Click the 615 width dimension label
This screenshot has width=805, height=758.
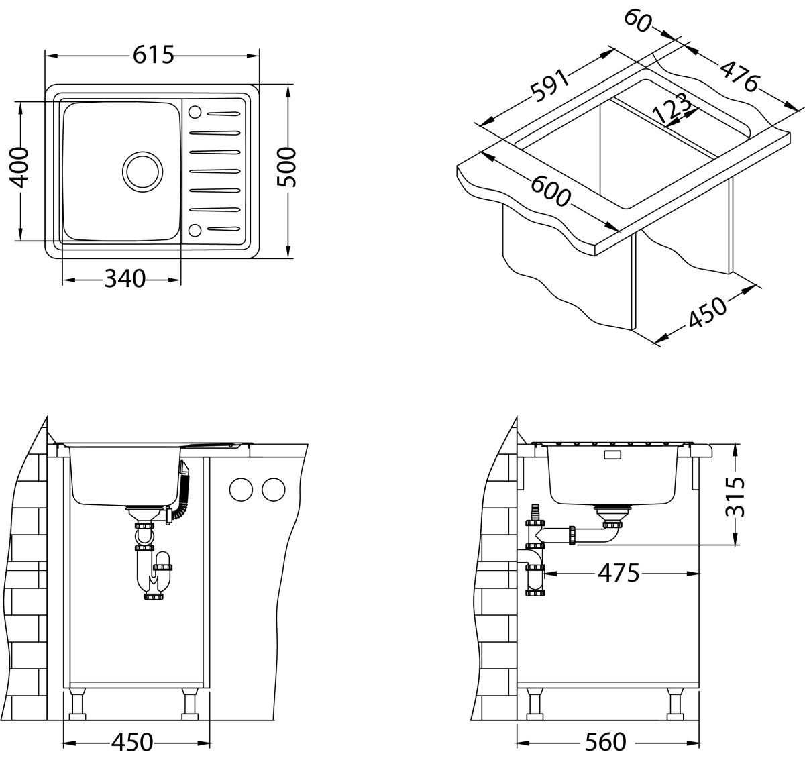tap(153, 55)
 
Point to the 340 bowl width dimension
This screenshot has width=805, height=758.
tap(125, 278)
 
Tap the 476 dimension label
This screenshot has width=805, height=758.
tap(739, 75)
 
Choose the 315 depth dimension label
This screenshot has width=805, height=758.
tap(737, 496)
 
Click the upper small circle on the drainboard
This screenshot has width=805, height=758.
tap(196, 112)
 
